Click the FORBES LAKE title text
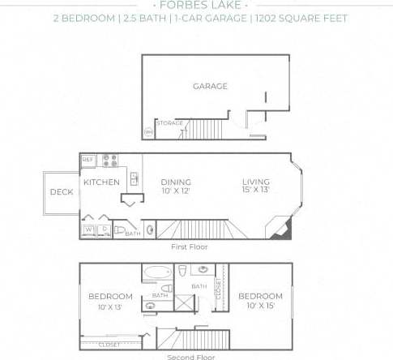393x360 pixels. pos(196,3)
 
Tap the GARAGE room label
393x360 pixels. pos(209,86)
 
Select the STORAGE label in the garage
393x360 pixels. pos(169,123)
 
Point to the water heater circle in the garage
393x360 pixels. pos(149,131)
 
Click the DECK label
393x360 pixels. pos(62,192)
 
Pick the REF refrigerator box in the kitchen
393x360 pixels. pos(88,161)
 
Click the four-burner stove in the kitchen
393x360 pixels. pos(109,161)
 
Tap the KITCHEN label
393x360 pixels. pos(102,182)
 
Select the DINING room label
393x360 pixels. pos(175,182)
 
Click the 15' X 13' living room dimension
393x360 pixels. pos(255,191)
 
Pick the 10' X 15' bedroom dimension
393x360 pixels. pos(260,306)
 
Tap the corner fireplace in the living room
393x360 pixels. pos(281,229)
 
